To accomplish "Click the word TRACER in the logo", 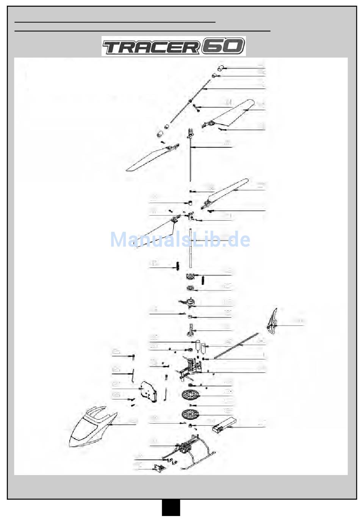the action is pyautogui.click(x=151, y=47).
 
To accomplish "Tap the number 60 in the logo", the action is pyautogui.click(x=223, y=46).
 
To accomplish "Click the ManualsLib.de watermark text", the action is pyautogui.click(x=180, y=240).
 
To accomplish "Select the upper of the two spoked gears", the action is pyautogui.click(x=190, y=396).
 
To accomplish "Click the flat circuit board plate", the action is pyautogui.click(x=148, y=391).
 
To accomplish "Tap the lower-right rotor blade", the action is pyautogui.click(x=227, y=192).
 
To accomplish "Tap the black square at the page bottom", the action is pyautogui.click(x=171, y=508).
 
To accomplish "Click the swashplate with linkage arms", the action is pyautogui.click(x=189, y=302).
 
